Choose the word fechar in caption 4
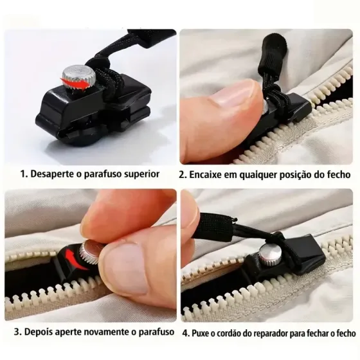tap(326, 333)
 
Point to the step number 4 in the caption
tap(185, 333)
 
